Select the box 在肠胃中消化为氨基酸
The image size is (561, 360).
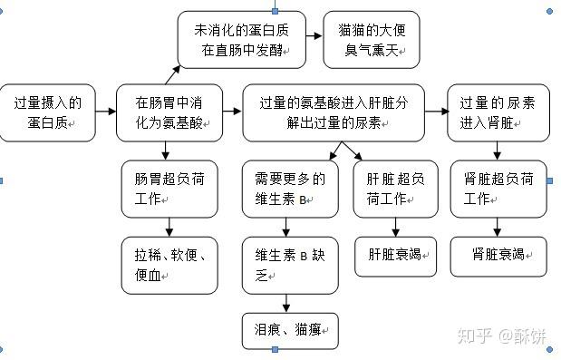point(169,112)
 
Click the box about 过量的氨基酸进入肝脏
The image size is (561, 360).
point(334,112)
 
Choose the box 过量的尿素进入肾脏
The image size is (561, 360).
point(498,112)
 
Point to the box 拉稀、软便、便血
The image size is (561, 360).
point(169,265)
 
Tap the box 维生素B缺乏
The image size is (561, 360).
point(289,265)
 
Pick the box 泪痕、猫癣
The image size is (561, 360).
point(289,330)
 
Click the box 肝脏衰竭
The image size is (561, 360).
point(395,257)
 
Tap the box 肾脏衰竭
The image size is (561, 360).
point(498,257)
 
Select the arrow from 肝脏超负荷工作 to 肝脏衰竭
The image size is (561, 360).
point(395,227)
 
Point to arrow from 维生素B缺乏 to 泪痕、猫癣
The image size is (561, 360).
point(289,303)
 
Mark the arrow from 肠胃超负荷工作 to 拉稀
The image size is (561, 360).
point(169,227)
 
